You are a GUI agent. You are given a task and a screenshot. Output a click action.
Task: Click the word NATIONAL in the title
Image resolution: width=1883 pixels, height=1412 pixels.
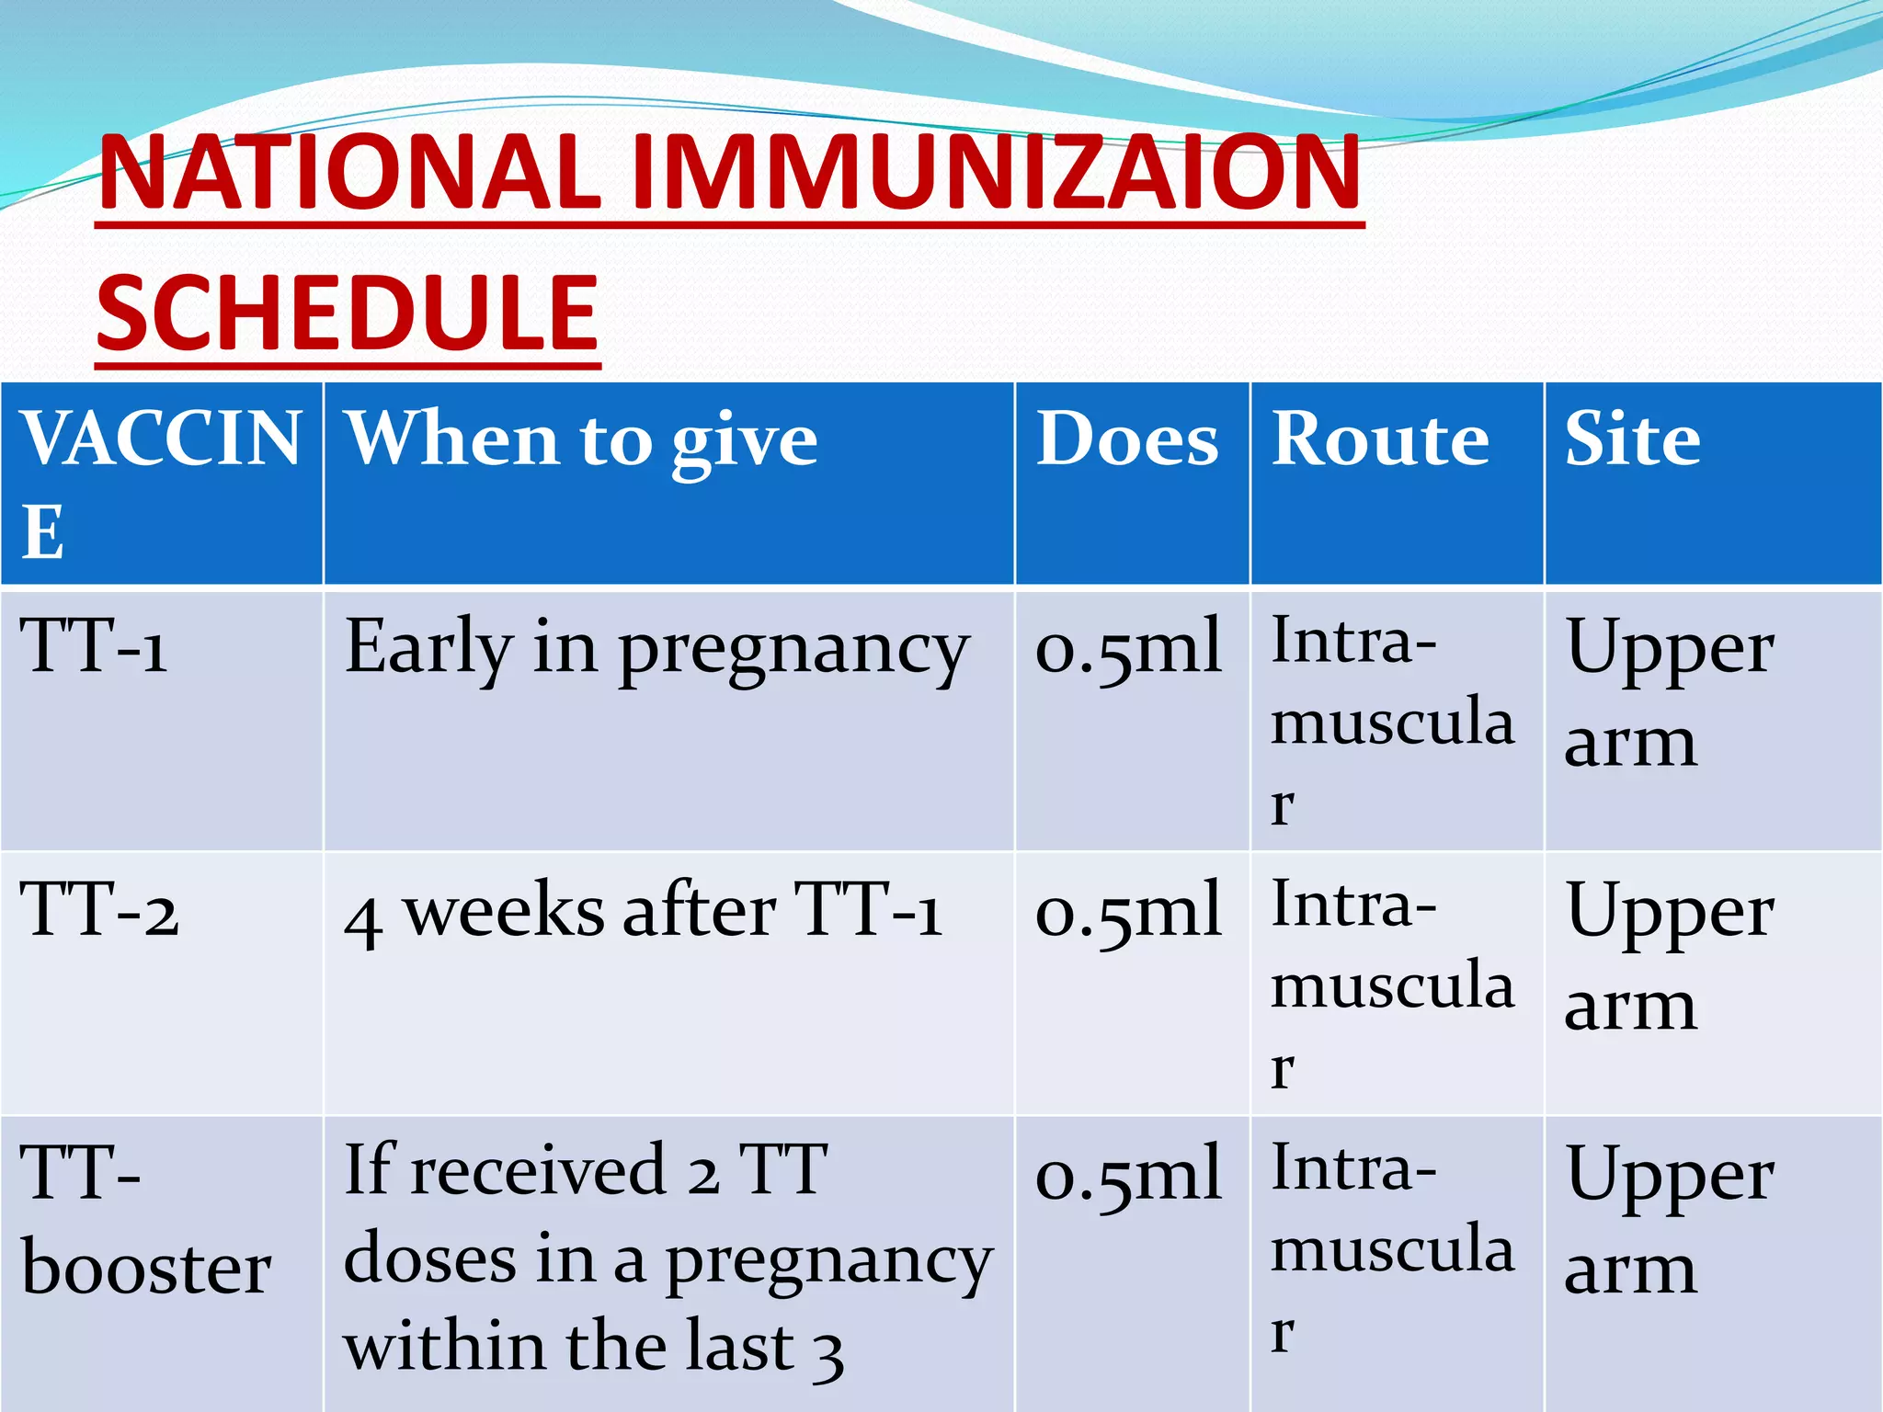tap(349, 172)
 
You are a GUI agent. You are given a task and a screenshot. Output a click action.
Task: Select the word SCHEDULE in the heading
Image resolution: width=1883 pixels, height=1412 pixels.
tap(348, 313)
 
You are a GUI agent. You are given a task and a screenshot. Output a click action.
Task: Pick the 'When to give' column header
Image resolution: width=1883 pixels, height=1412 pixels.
tap(580, 440)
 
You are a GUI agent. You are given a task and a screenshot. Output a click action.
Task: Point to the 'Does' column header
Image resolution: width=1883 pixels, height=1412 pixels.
tap(1127, 440)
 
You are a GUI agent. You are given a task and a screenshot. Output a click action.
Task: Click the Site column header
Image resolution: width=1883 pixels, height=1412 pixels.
tap(1632, 440)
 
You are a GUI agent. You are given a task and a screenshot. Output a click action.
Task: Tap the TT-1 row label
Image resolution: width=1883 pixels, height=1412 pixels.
tap(94, 646)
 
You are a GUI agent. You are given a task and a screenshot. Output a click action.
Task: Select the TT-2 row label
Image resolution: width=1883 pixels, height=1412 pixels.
tap(99, 910)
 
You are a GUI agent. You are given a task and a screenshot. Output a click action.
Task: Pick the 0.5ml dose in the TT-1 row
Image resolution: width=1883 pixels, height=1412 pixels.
tap(1128, 647)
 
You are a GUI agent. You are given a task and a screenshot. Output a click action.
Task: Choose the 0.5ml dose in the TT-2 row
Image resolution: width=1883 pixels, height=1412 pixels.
tap(1128, 911)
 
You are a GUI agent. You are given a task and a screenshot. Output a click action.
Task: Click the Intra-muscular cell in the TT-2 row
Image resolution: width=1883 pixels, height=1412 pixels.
tap(1391, 984)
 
